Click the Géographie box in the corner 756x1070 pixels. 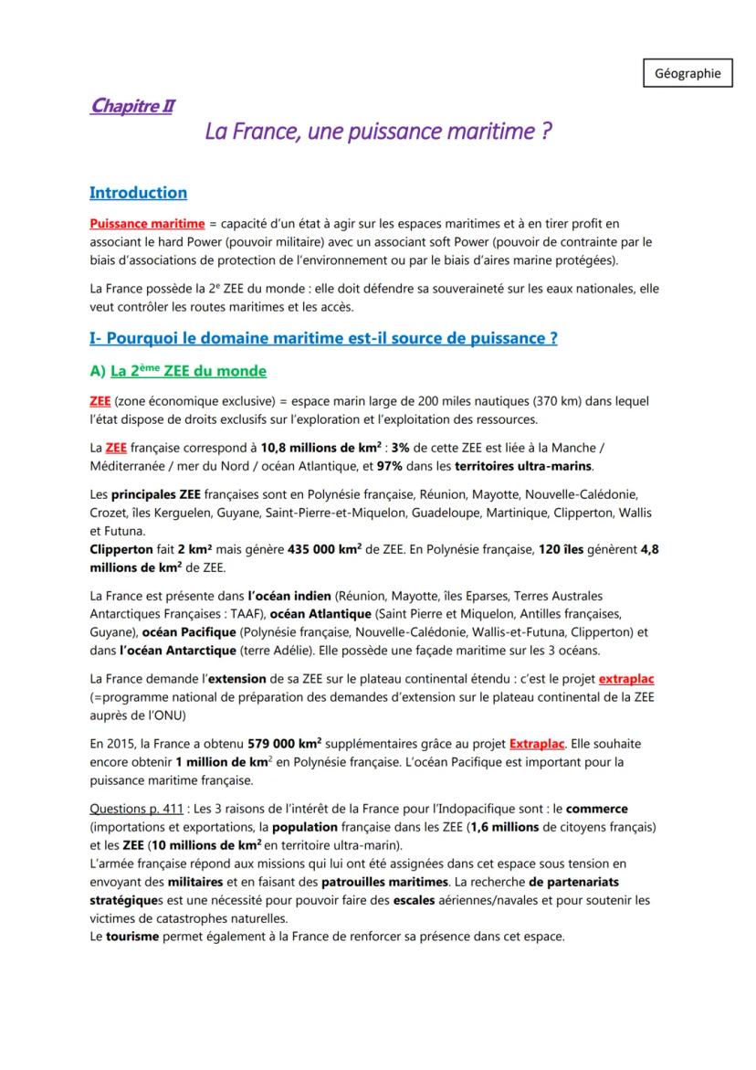pyautogui.click(x=688, y=73)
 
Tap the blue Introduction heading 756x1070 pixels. pyautogui.click(x=138, y=193)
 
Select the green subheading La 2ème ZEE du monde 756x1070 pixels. pyautogui.click(x=188, y=372)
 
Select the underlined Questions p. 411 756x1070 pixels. pyautogui.click(x=134, y=810)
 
